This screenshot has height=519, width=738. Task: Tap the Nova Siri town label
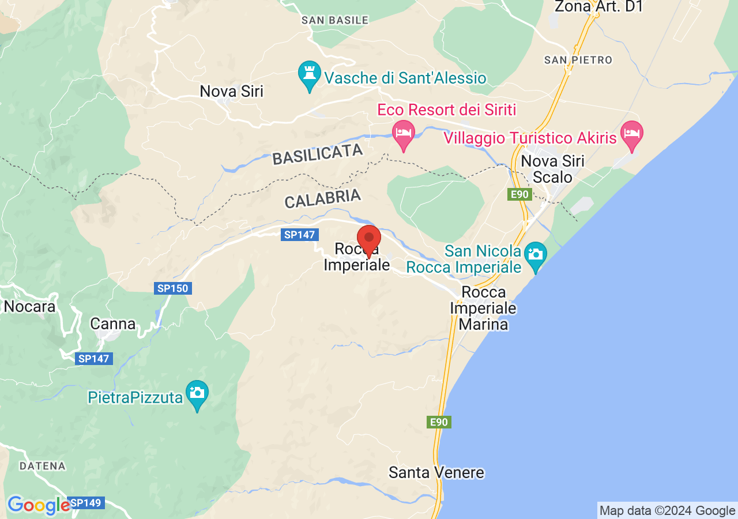tap(231, 91)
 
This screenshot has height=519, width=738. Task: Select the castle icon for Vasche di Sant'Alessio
tap(310, 74)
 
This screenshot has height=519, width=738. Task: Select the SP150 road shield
tap(172, 288)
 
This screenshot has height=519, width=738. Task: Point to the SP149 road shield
tap(86, 503)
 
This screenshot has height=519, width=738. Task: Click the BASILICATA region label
tap(317, 155)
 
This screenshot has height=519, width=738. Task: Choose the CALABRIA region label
tap(322, 198)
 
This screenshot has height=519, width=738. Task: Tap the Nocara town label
tap(29, 306)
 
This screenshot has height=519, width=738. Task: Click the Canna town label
tap(112, 324)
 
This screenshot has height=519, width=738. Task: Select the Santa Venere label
tap(436, 473)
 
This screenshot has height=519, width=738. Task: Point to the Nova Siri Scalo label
tap(552, 169)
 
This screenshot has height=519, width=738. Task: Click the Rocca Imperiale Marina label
tap(483, 309)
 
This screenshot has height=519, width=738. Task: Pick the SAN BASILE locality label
tap(335, 20)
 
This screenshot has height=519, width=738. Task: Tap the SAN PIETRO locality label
tap(578, 60)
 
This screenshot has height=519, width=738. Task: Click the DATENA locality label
tap(42, 465)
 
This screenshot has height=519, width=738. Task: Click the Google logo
tap(38, 505)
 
